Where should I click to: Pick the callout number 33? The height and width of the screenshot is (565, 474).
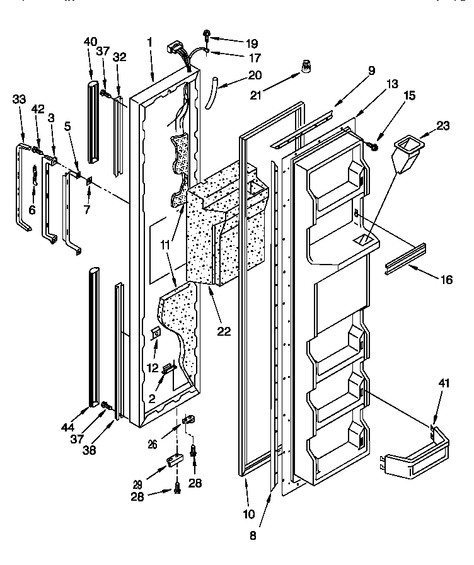click(20, 98)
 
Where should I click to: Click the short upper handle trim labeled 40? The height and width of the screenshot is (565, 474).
click(93, 120)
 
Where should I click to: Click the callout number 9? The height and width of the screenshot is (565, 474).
click(372, 71)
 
